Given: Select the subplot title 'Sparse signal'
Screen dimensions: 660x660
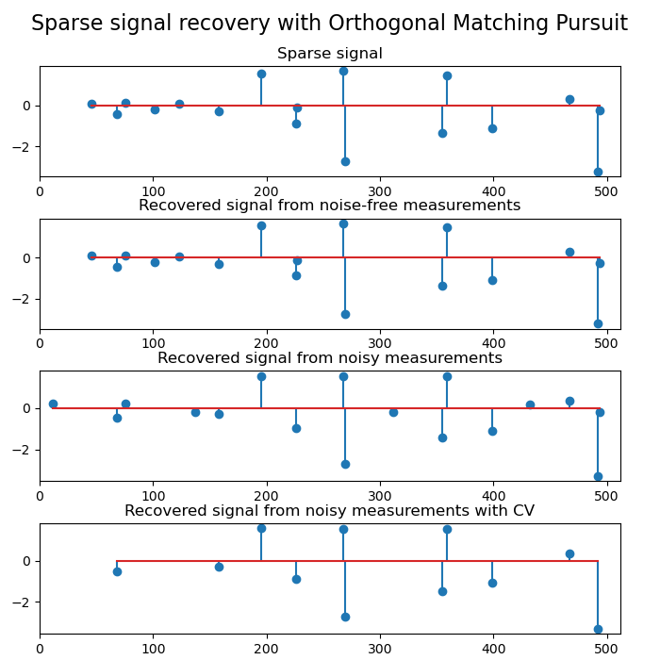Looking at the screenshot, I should (330, 54).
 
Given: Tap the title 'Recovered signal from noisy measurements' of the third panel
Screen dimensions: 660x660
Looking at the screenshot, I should (330, 358).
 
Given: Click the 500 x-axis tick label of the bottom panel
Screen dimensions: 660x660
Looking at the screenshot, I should (607, 649).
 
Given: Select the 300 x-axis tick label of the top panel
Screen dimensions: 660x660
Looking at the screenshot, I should (380, 191).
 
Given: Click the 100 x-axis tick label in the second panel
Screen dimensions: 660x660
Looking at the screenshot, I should (153, 344).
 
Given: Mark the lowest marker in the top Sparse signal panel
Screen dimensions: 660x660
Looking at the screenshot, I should (598, 172).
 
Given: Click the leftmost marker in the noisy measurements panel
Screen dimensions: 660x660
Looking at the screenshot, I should (53, 404).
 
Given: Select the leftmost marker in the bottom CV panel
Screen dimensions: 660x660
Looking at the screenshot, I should (117, 571).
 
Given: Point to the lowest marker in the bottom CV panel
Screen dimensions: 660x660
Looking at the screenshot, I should (598, 629).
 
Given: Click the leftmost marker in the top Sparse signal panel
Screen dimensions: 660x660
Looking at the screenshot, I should (91, 104).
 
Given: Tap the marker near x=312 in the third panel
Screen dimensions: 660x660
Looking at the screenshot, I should (393, 412).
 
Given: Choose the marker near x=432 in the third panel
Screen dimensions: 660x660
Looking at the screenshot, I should (530, 404).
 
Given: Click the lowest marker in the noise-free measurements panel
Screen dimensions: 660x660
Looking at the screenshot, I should (598, 323).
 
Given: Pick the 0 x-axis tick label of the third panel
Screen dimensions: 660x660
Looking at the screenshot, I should (40, 496).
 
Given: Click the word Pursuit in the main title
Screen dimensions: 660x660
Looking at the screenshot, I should (595, 24).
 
